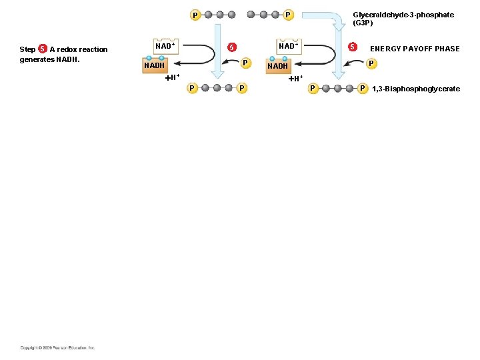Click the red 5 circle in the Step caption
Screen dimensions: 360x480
[43, 49]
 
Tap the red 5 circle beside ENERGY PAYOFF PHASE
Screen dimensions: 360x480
[353, 47]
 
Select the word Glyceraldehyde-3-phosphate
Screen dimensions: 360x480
[403, 15]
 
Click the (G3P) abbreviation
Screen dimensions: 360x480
[364, 23]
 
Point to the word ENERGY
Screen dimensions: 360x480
[385, 49]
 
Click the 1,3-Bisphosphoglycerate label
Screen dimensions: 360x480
[415, 89]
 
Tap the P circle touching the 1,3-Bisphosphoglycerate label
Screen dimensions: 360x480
[363, 88]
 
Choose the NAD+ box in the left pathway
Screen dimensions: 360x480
[165, 47]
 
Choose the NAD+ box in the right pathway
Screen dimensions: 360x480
[287, 47]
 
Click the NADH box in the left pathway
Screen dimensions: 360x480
[154, 65]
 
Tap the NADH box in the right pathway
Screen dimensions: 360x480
[277, 66]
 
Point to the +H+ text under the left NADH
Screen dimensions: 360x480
[172, 77]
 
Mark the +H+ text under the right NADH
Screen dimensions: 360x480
[295, 78]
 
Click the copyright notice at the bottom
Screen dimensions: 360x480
[57, 347]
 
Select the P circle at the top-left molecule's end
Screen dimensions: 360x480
[195, 15]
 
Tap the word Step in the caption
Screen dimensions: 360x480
[27, 49]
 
